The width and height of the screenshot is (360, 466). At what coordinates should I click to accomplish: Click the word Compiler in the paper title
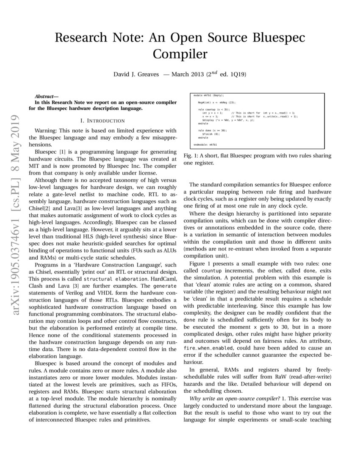tap(180, 54)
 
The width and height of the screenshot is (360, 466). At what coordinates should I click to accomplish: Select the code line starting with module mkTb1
tap(208, 96)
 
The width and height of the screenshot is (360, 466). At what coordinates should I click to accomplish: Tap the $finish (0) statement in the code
tap(210, 134)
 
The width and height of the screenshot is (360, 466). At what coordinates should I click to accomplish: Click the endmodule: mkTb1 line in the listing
tap(205, 144)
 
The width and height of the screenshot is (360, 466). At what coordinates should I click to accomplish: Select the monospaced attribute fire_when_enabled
tap(202, 347)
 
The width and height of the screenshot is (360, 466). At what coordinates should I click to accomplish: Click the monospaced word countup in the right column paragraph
tap(211, 269)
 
